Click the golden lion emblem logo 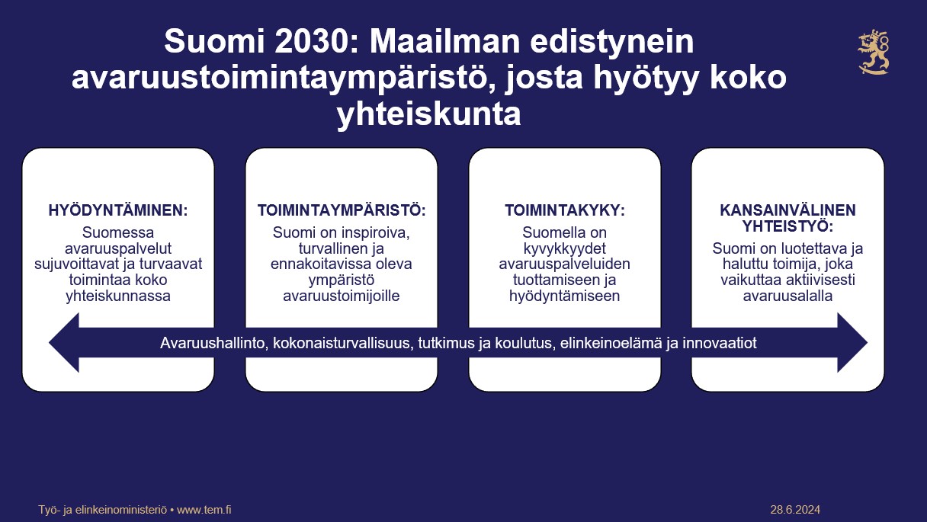point(874,52)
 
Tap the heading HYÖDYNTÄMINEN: point(118,210)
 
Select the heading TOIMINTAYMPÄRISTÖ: point(342,210)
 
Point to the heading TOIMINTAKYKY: point(564,210)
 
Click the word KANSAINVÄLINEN point(787,210)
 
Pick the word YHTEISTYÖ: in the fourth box point(787,226)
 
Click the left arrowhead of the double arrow point(64,342)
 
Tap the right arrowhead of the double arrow point(852,342)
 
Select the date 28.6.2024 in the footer point(795,510)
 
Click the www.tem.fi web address point(204,510)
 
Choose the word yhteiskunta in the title point(428,114)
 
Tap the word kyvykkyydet point(564,248)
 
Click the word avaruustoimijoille point(342,296)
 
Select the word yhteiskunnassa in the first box point(118,296)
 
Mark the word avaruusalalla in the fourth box point(787,296)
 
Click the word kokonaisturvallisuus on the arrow point(342,343)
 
